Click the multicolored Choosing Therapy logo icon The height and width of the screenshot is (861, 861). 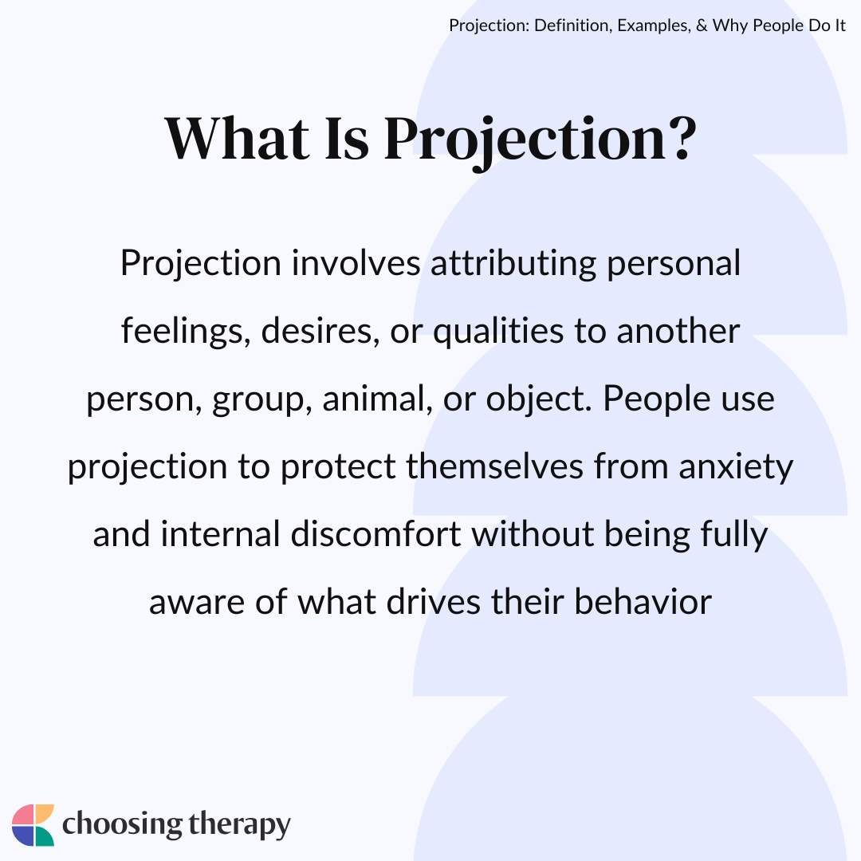pyautogui.click(x=33, y=825)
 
